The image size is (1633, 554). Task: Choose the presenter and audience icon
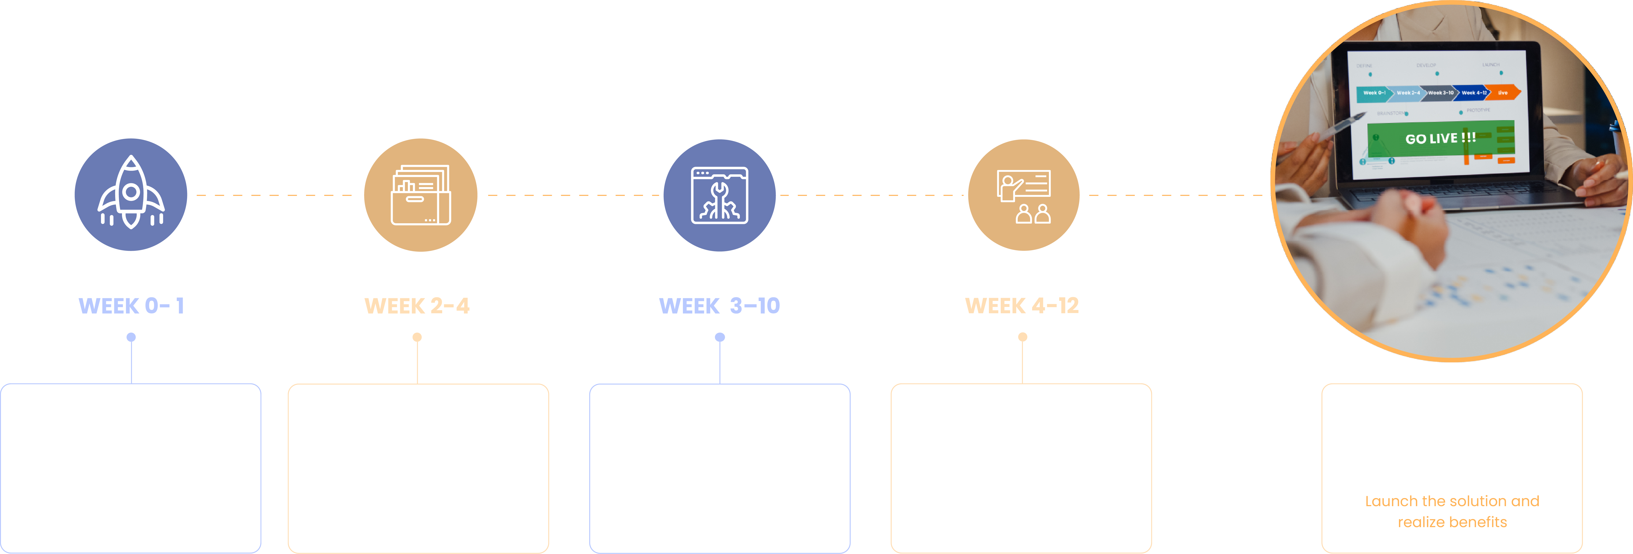point(1023,195)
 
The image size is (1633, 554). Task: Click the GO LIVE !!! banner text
point(1440,138)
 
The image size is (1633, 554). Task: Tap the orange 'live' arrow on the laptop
point(1504,93)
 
